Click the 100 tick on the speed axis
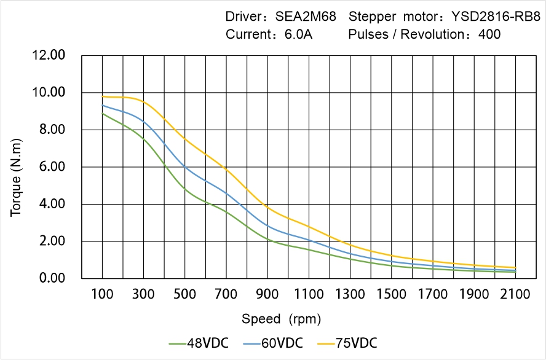tap(102, 294)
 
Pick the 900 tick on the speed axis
tap(267, 294)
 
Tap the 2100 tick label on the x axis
tap(515, 294)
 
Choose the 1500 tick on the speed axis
tap(391, 294)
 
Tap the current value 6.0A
tap(299, 34)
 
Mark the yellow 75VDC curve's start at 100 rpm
tap(103, 96)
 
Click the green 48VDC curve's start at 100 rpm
tap(103, 114)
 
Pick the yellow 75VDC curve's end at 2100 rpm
tap(515, 268)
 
